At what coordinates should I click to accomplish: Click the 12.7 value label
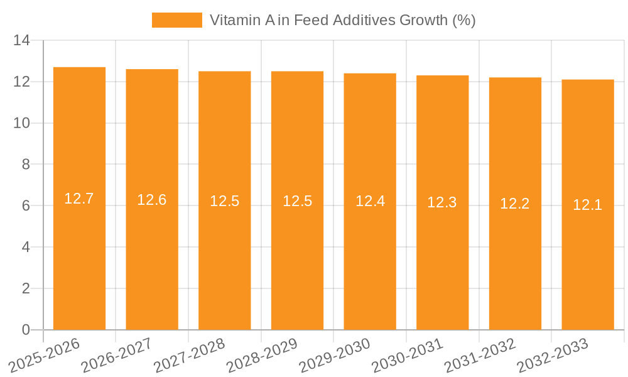pyautogui.click(x=79, y=199)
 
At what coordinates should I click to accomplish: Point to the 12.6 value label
pyautogui.click(x=152, y=200)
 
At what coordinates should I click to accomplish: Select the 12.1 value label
pyautogui.click(x=588, y=205)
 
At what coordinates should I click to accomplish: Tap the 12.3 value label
pyautogui.click(x=442, y=202)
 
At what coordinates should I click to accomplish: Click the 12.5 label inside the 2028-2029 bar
pyautogui.click(x=297, y=201)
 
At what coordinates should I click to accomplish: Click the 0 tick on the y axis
pyautogui.click(x=26, y=330)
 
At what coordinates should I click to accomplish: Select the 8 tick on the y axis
pyautogui.click(x=26, y=165)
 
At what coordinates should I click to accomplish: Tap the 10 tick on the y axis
pyautogui.click(x=22, y=123)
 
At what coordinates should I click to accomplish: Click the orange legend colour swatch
pyautogui.click(x=176, y=20)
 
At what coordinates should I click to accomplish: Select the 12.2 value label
pyautogui.click(x=515, y=204)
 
